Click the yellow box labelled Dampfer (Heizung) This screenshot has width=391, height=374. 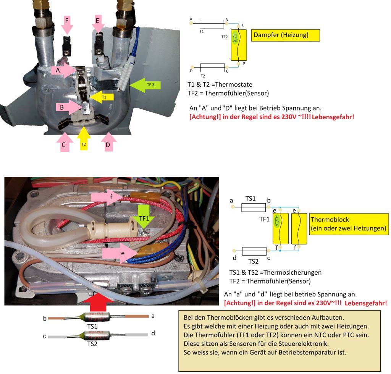285,36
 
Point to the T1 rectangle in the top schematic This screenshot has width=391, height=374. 212,23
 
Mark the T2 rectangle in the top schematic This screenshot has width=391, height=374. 212,68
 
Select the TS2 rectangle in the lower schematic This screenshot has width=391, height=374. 254,251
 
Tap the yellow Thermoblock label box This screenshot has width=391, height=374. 349,225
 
